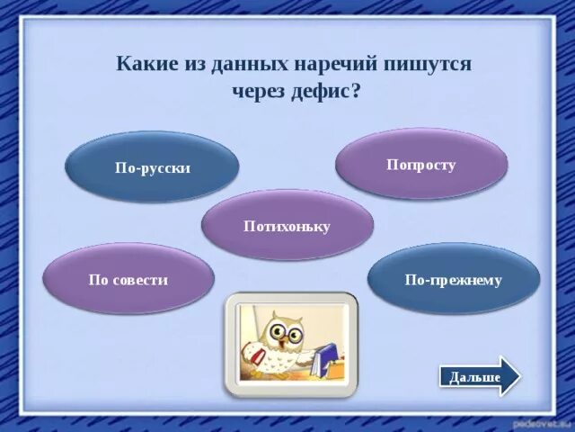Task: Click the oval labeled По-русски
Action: tap(152, 167)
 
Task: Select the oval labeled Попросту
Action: tap(421, 165)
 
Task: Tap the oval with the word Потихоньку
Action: tap(287, 226)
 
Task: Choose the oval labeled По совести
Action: tap(128, 279)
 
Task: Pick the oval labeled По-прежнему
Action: tap(453, 279)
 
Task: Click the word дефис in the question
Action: tap(321, 91)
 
